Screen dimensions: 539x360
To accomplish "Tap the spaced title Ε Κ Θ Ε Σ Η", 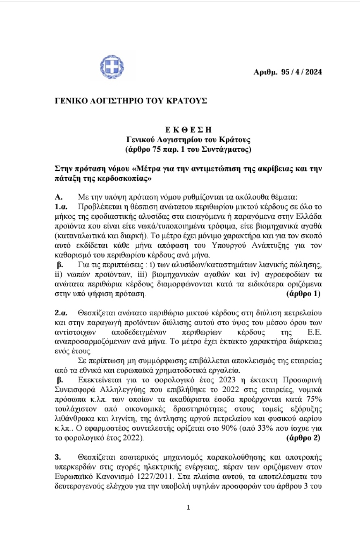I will pyautogui.click(x=188, y=130).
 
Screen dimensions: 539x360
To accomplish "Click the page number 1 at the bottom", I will pyautogui.click(x=188, y=508).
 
